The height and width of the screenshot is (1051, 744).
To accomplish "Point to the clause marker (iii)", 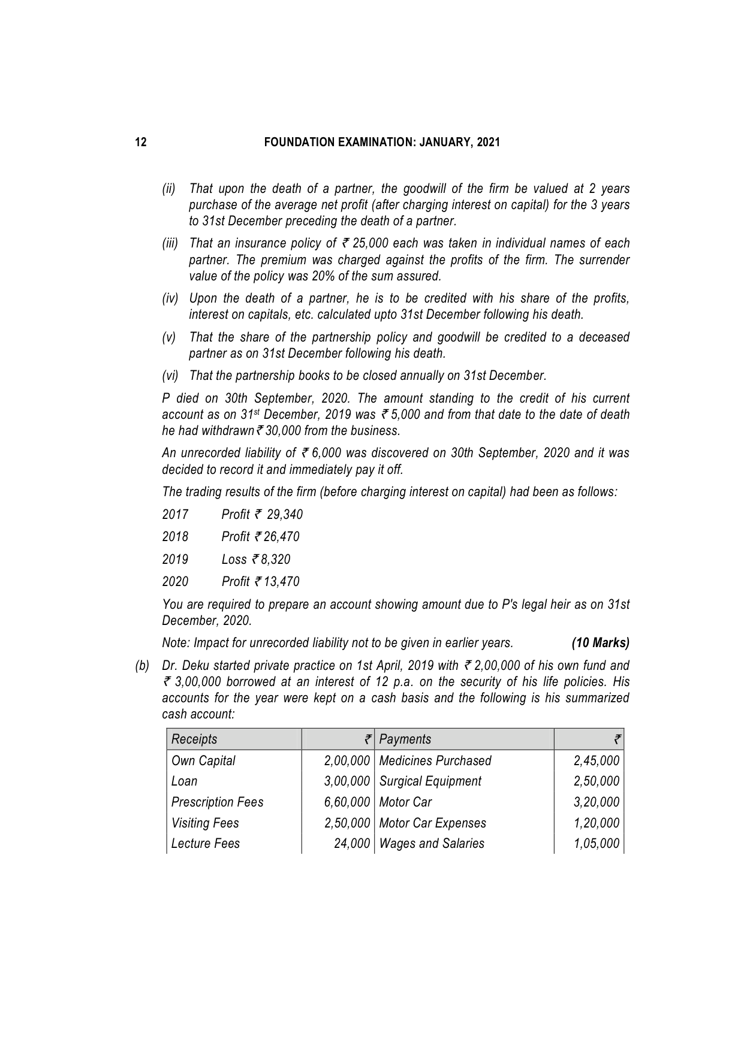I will (170, 243).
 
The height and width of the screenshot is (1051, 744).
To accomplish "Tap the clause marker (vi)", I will (170, 376).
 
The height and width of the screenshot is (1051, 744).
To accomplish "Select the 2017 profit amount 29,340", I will (285, 515).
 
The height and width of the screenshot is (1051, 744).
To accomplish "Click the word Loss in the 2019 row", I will (234, 560).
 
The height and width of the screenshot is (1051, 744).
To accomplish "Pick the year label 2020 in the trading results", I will (175, 582).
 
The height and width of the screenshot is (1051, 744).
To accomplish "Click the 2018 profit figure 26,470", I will (282, 537).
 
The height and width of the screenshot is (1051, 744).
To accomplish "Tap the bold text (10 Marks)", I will (600, 644).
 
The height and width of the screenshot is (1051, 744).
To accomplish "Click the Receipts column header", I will (194, 739).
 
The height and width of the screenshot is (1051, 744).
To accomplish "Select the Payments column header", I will (405, 739).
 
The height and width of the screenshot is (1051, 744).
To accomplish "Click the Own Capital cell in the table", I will (203, 761).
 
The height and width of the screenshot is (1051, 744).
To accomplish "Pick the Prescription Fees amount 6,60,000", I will (347, 802).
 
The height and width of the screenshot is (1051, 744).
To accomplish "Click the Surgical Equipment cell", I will (430, 781).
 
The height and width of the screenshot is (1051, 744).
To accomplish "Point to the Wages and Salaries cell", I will (432, 844).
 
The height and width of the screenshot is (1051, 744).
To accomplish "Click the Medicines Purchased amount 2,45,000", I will (596, 761).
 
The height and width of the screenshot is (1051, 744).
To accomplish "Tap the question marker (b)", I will (142, 666).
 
